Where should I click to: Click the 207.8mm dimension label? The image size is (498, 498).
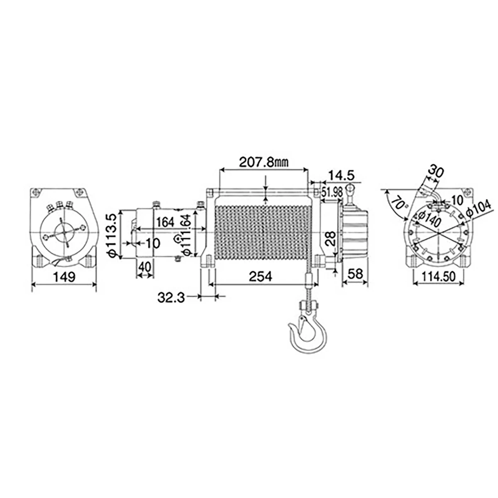point(264,162)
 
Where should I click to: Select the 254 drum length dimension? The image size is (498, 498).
point(261,276)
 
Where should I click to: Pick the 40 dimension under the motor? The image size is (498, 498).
point(144,267)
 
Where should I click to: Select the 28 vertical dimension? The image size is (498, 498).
point(331,239)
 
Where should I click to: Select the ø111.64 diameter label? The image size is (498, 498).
point(186,235)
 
